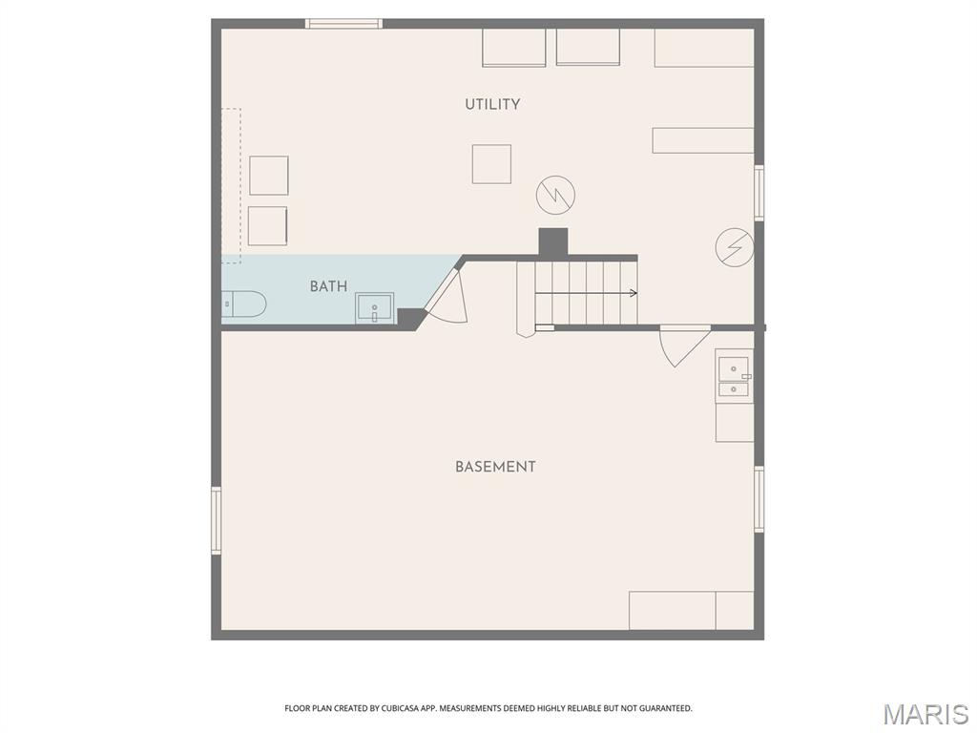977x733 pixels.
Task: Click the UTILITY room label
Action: click(x=492, y=104)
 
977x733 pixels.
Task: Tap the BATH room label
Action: click(x=328, y=286)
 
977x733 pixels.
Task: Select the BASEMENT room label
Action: click(x=495, y=467)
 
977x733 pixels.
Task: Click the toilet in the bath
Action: click(x=243, y=304)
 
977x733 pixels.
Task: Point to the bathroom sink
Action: click(x=375, y=308)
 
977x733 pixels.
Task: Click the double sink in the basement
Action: click(x=734, y=377)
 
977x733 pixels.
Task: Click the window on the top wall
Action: click(x=343, y=24)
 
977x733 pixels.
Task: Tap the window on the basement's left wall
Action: click(x=217, y=520)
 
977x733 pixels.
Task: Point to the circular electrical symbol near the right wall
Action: click(x=735, y=248)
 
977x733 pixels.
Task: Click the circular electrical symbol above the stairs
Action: click(x=555, y=195)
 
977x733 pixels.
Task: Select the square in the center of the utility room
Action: click(x=491, y=164)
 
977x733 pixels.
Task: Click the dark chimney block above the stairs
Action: click(x=553, y=241)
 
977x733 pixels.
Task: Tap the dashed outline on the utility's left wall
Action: click(x=231, y=185)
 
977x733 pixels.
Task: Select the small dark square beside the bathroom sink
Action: click(x=409, y=318)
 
